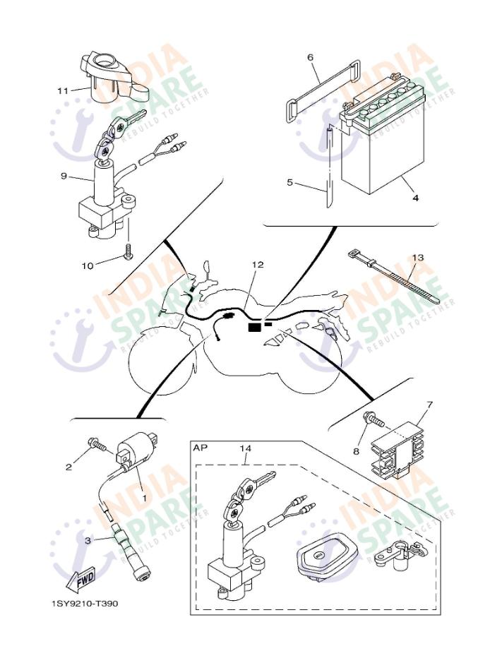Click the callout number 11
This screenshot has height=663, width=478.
[x=62, y=90]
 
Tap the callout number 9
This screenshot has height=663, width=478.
[x=64, y=176]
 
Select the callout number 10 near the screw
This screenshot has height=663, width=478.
[x=88, y=265]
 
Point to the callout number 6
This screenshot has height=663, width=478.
[x=309, y=57]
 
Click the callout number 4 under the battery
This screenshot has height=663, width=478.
[x=415, y=198]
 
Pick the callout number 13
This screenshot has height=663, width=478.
[x=418, y=258]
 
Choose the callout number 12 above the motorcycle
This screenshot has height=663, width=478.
[x=258, y=265]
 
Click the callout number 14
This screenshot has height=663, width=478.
[x=244, y=448]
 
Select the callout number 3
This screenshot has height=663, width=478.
[x=88, y=541]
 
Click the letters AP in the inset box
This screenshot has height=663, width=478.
[x=200, y=448]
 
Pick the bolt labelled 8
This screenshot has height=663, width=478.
[x=373, y=421]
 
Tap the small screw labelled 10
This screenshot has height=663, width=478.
[x=128, y=251]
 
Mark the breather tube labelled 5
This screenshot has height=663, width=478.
[x=329, y=169]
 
